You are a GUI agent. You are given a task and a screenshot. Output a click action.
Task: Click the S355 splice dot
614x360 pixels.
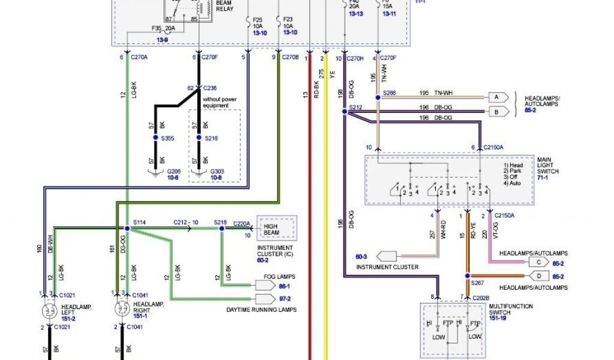tap(155, 138)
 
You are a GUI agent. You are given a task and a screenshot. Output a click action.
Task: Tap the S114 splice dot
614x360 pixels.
tap(127, 229)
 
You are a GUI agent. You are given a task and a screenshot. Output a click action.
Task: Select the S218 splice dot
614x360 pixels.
tap(222, 229)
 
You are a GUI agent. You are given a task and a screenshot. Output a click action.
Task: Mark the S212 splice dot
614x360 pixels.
tap(344, 111)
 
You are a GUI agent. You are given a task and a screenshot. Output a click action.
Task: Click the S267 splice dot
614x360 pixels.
tap(465, 276)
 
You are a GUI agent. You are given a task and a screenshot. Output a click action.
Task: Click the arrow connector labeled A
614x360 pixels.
tap(497, 97)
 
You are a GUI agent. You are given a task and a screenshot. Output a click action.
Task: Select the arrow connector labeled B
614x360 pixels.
tap(497, 111)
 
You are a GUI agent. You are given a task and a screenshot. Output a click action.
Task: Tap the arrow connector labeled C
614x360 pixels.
tap(538, 262)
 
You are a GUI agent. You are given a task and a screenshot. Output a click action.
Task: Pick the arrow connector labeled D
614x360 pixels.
tap(538, 276)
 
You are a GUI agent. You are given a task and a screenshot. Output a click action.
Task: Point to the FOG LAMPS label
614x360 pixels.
tap(277, 277)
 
